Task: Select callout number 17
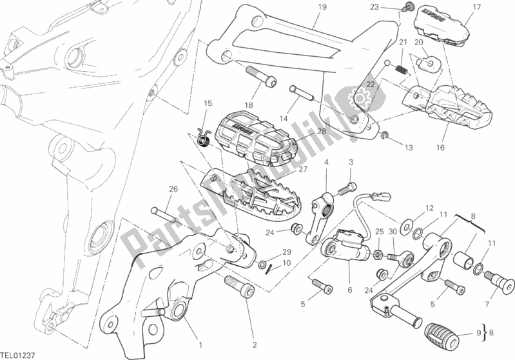click(476, 8)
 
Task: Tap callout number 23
click(373, 8)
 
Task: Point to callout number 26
click(172, 189)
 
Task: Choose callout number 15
click(208, 103)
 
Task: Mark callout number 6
click(349, 290)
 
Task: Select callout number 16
click(440, 148)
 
